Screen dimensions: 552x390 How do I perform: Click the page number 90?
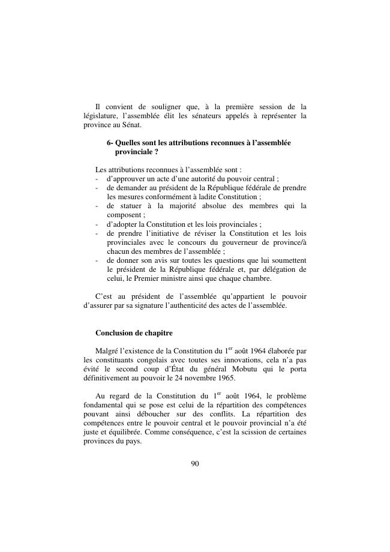coord(194,463)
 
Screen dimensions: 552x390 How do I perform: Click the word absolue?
coord(197,206)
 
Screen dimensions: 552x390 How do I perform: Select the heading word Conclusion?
coord(118,333)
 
